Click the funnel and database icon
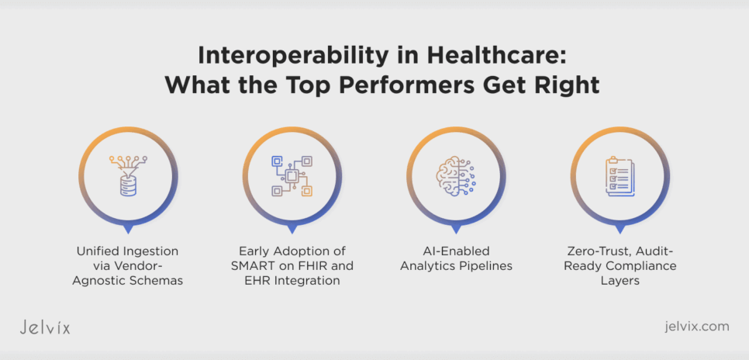click(128, 175)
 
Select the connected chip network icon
click(292, 175)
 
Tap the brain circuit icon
click(455, 175)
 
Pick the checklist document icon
click(620, 175)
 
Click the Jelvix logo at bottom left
click(44, 327)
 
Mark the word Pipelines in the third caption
click(485, 266)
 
